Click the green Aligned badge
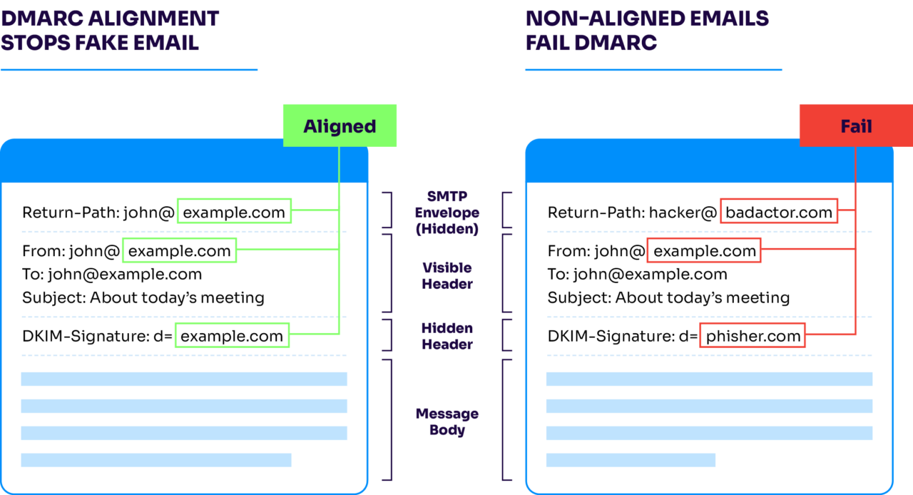(340, 126)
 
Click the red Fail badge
(855, 126)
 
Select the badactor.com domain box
(778, 212)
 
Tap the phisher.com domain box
(753, 336)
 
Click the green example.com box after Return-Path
(234, 212)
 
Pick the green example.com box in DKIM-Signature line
(232, 336)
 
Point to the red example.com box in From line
(704, 250)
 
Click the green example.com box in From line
(179, 250)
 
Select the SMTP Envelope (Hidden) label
(447, 213)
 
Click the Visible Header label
(447, 275)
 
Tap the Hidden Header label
(447, 336)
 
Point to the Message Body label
(447, 422)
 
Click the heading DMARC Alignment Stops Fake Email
(110, 30)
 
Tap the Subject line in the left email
(143, 297)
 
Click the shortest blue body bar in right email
(631, 460)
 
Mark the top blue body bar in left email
(184, 379)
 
